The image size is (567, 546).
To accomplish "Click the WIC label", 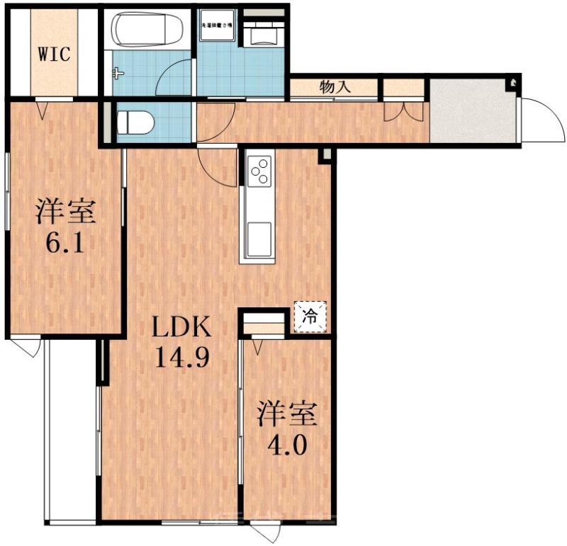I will click(x=54, y=54).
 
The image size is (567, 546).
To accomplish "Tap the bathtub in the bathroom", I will click(x=147, y=30).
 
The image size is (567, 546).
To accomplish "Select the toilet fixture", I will click(x=135, y=121).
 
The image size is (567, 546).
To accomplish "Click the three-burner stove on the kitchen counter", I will click(x=259, y=171).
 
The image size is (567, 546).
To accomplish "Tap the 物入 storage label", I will click(x=335, y=88).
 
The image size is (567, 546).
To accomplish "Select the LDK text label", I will click(x=181, y=329).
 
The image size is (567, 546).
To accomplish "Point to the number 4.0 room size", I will click(x=287, y=447).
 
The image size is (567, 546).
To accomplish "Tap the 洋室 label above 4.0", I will click(x=287, y=415).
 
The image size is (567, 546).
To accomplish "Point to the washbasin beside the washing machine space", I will click(x=264, y=31).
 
